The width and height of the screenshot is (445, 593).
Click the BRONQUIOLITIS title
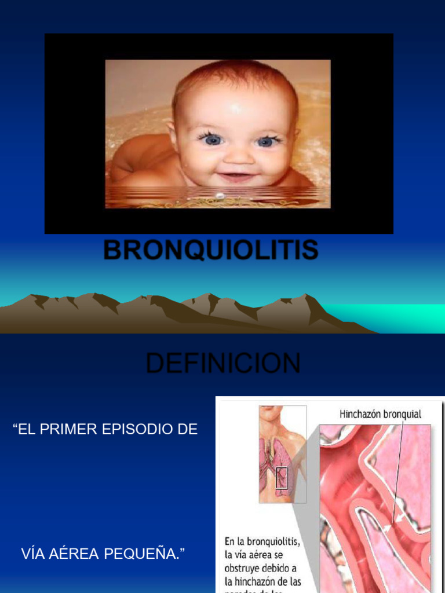click(211, 250)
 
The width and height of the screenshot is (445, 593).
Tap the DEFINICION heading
click(223, 364)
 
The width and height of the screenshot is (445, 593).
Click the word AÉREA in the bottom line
click(74, 554)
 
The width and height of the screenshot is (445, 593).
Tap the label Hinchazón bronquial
click(380, 415)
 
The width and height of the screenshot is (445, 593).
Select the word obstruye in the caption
click(246, 569)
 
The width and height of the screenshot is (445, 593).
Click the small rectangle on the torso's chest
click(282, 478)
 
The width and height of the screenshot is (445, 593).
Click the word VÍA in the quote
click(32, 554)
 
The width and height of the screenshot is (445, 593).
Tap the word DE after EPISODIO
click(187, 430)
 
